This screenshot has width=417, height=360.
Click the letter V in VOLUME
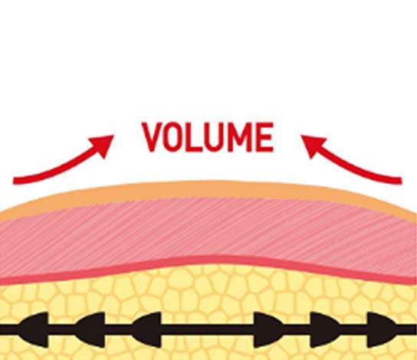(152, 137)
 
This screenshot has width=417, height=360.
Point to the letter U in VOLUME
(215, 137)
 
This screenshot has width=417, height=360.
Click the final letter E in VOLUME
(264, 137)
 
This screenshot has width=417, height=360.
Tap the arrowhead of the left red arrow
(103, 145)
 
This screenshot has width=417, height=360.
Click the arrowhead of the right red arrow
(312, 145)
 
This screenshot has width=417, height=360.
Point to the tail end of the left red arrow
(14, 181)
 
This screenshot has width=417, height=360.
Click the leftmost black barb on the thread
(34, 330)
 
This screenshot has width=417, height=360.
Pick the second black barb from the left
(90, 330)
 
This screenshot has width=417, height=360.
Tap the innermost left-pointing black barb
(146, 330)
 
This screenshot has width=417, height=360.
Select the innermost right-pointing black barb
(268, 330)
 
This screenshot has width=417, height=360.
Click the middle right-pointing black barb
(325, 330)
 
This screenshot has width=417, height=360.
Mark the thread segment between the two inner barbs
(208, 330)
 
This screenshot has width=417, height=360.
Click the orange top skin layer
(208, 189)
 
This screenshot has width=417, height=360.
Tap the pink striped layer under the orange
(208, 228)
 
